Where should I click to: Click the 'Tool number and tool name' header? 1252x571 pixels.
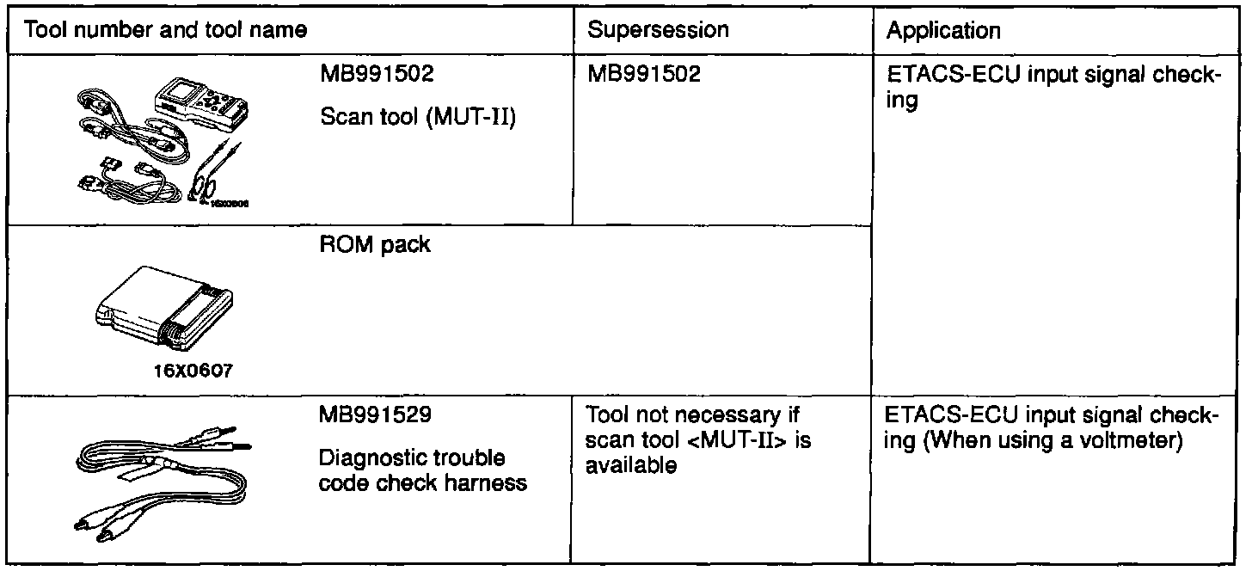(x=167, y=32)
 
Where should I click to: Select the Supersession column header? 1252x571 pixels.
(x=658, y=30)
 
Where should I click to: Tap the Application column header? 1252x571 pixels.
(x=943, y=32)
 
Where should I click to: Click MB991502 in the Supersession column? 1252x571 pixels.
(x=644, y=75)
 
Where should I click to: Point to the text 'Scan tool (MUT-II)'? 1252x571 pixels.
(x=417, y=118)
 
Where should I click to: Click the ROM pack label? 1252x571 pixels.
(x=375, y=245)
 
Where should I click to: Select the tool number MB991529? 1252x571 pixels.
(x=377, y=416)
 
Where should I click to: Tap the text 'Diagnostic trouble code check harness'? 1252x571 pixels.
(x=422, y=470)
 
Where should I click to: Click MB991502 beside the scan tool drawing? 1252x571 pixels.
(x=377, y=75)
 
